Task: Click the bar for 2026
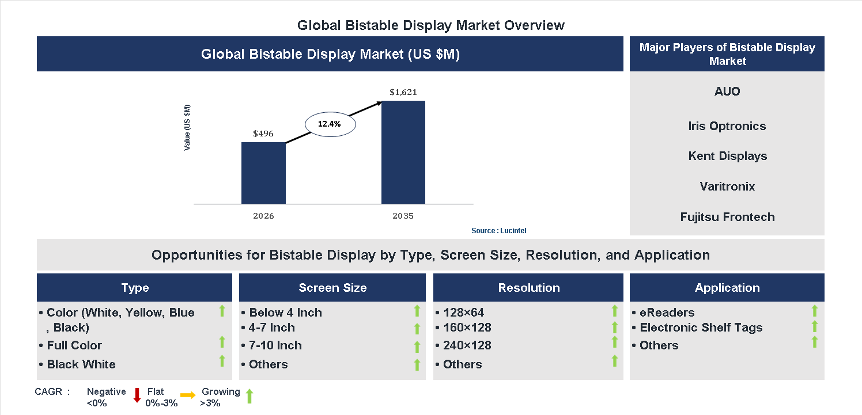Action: coord(263,173)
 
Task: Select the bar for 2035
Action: coord(403,153)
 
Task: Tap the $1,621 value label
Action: coord(403,92)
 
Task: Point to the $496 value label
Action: coord(263,134)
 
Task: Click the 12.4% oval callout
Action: coord(330,124)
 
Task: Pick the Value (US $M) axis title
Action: coord(187,128)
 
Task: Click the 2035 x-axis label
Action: coord(403,216)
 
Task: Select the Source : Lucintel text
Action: coord(499,231)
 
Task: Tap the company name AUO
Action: coord(727,92)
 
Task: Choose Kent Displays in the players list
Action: coord(727,156)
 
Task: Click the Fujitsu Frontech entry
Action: coord(727,217)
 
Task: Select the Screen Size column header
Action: coord(332,288)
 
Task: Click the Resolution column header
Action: coord(528,288)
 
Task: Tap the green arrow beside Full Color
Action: coord(222,342)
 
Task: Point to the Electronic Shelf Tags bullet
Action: coord(701,328)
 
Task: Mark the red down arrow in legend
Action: coord(137,395)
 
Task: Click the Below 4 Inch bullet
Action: coord(285,313)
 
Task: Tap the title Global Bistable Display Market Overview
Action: coord(431,25)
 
